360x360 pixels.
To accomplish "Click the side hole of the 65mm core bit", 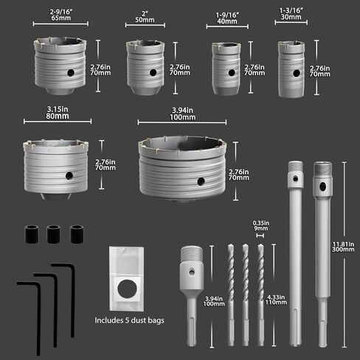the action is (71, 72).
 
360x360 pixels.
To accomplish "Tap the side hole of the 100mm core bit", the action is (201, 181).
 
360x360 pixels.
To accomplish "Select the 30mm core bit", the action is (291, 69).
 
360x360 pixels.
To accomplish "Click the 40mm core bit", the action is (226, 69).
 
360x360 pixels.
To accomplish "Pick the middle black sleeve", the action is (53, 234).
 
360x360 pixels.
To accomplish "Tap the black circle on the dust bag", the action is (127, 288).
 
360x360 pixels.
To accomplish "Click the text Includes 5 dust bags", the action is (129, 320).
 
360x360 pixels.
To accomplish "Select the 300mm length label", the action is (343, 246).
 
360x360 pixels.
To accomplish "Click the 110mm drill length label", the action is (276, 300).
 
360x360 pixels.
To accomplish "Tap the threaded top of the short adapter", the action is (192, 254).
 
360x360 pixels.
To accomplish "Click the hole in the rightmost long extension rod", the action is (322, 186).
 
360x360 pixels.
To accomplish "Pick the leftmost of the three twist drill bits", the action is (231, 294).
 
